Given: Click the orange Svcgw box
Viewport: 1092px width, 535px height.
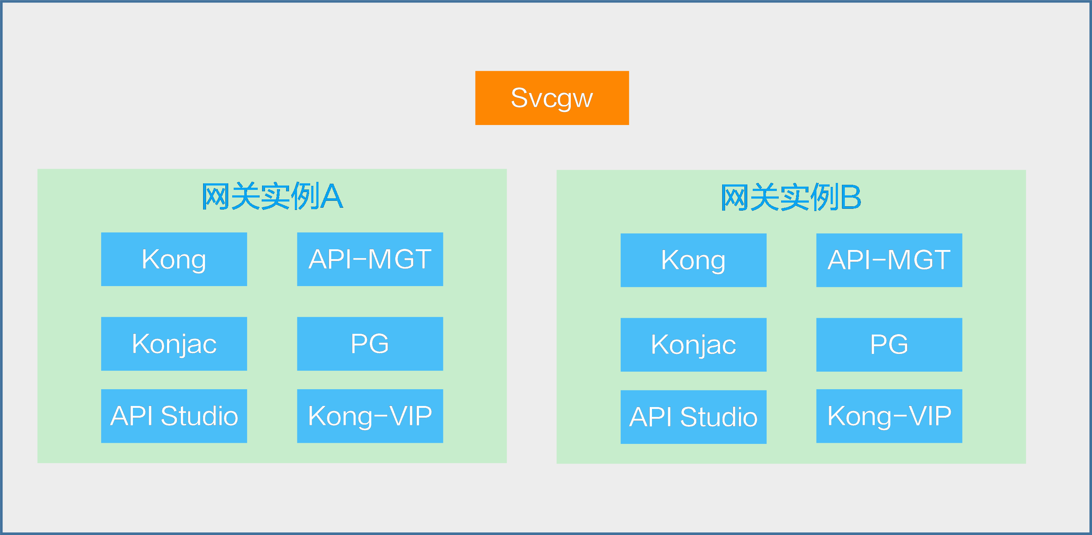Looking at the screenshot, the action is click(552, 98).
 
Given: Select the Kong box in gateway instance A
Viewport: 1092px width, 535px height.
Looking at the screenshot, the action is click(174, 259).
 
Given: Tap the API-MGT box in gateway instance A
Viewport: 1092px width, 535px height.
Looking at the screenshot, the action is click(370, 259).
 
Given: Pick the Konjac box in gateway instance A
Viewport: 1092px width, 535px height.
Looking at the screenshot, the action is click(174, 344).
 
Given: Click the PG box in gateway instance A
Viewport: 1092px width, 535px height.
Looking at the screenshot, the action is click(370, 344).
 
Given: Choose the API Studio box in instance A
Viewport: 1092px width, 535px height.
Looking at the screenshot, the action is click(174, 416).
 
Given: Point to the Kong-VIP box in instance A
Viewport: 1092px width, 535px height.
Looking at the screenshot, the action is click(370, 416).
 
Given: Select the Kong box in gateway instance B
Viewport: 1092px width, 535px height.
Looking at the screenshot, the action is click(693, 260).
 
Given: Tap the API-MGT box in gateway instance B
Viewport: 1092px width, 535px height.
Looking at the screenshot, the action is click(889, 260).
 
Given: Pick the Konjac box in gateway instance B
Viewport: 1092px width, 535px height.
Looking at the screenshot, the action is click(693, 345).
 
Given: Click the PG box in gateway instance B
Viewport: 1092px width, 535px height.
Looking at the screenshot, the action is click(889, 345).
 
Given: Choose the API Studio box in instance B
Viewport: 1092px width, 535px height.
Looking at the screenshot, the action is click(693, 417).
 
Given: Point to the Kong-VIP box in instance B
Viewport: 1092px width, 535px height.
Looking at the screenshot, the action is click(889, 416).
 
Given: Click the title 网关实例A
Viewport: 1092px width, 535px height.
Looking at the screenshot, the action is click(272, 196).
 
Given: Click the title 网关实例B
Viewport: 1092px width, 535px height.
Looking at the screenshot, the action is click(791, 197).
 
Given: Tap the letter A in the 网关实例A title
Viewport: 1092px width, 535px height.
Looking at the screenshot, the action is click(332, 196).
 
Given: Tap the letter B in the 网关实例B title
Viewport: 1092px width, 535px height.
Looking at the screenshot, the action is click(851, 197).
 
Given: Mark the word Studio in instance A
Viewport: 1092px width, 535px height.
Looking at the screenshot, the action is click(200, 416).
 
